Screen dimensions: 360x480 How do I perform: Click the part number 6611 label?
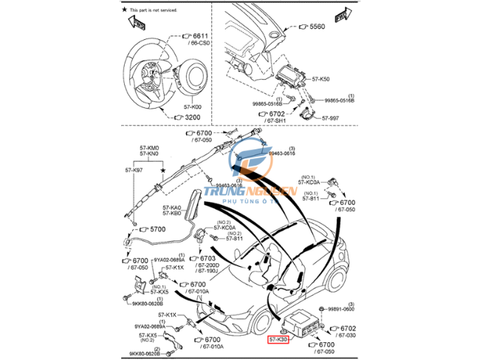point(200,35)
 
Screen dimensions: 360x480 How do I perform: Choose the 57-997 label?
point(330,118)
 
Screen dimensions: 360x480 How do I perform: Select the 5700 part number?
point(159,230)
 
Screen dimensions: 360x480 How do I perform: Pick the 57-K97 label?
point(134,171)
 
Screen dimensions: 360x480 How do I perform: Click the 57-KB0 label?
point(171,214)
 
